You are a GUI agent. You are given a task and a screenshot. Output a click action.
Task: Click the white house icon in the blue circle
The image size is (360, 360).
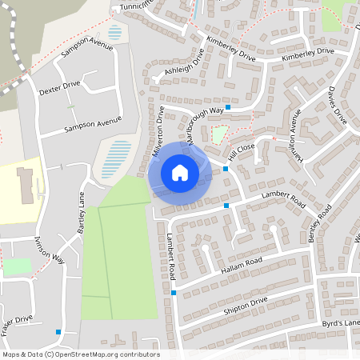180,172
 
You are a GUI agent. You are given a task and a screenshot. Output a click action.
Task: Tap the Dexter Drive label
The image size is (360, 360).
60,87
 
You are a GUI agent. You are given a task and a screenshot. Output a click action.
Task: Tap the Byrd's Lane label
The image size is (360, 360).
342,322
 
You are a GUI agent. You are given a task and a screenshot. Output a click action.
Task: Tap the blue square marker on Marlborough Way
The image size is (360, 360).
228,106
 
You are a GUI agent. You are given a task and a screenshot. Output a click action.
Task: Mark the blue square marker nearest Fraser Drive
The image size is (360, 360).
58,331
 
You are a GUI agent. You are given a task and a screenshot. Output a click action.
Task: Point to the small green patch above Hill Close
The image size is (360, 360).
218,134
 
